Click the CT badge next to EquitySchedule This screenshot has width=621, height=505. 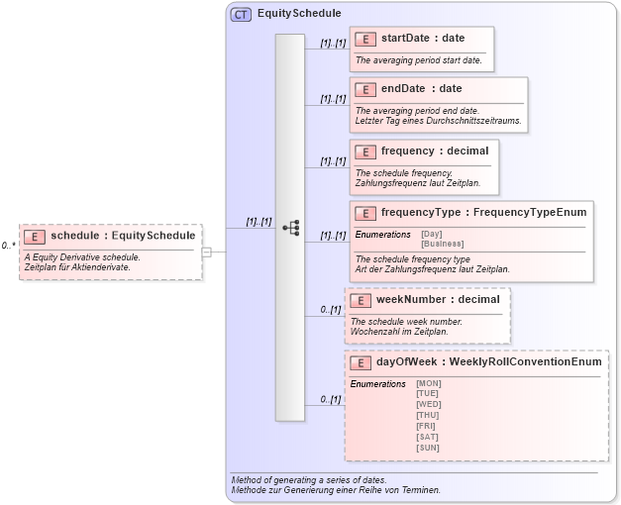[241, 14]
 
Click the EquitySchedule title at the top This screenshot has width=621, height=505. [299, 14]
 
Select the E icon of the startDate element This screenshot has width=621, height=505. [365, 40]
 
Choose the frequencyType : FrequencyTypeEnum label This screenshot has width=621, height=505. [483, 213]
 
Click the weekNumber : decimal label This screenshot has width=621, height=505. [438, 300]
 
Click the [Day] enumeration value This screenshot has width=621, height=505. [432, 234]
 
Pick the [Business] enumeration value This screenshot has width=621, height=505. [442, 244]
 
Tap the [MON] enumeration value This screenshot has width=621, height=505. [429, 383]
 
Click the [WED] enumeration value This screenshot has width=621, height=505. [429, 405]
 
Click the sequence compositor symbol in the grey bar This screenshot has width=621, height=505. [290, 227]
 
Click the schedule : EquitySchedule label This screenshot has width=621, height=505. [123, 236]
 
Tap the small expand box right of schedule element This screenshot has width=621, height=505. [207, 252]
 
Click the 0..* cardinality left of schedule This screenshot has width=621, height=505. [8, 245]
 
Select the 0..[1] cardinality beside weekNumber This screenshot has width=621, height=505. [331, 310]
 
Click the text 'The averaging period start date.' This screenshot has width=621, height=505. [419, 60]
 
